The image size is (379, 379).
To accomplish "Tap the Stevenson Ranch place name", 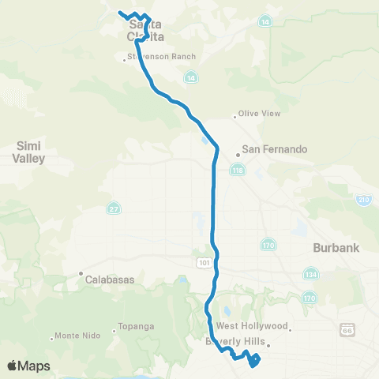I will (x=162, y=57).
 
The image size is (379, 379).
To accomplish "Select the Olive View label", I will (x=260, y=114).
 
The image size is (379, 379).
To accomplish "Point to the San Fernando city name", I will (x=273, y=149).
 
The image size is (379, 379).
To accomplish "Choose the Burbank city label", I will (x=336, y=247).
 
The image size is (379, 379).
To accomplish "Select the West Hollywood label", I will (x=253, y=326).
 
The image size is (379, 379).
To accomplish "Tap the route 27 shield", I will (x=114, y=208).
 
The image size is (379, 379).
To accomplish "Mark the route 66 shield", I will (x=348, y=328).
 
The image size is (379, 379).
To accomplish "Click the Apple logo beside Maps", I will (x=12, y=366).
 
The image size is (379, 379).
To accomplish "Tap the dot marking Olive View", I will (x=235, y=118).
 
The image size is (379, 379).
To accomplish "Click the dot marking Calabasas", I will (x=81, y=276).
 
